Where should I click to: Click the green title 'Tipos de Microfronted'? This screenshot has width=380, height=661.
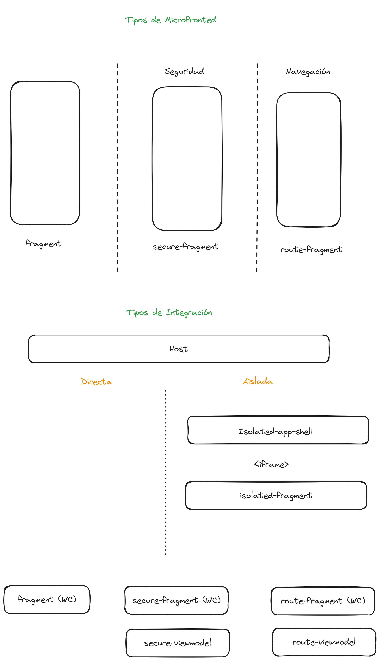click(170, 20)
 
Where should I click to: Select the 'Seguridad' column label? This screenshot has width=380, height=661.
click(184, 71)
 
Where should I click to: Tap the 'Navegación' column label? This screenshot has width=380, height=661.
click(308, 72)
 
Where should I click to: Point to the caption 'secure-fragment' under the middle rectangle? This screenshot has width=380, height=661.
click(186, 247)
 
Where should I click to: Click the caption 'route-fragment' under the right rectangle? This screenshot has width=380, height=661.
click(311, 250)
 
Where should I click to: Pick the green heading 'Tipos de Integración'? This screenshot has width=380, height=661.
click(169, 313)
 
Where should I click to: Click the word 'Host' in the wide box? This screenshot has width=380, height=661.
click(179, 349)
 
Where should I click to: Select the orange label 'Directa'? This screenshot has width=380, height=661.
click(96, 382)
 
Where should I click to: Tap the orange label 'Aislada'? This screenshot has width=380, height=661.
click(258, 381)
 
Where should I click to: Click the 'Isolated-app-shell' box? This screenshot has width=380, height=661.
click(278, 430)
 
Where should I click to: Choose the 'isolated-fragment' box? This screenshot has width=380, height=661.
click(276, 495)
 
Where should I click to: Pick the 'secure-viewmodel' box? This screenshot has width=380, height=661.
click(178, 643)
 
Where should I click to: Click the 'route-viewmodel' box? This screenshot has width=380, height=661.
click(324, 642)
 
